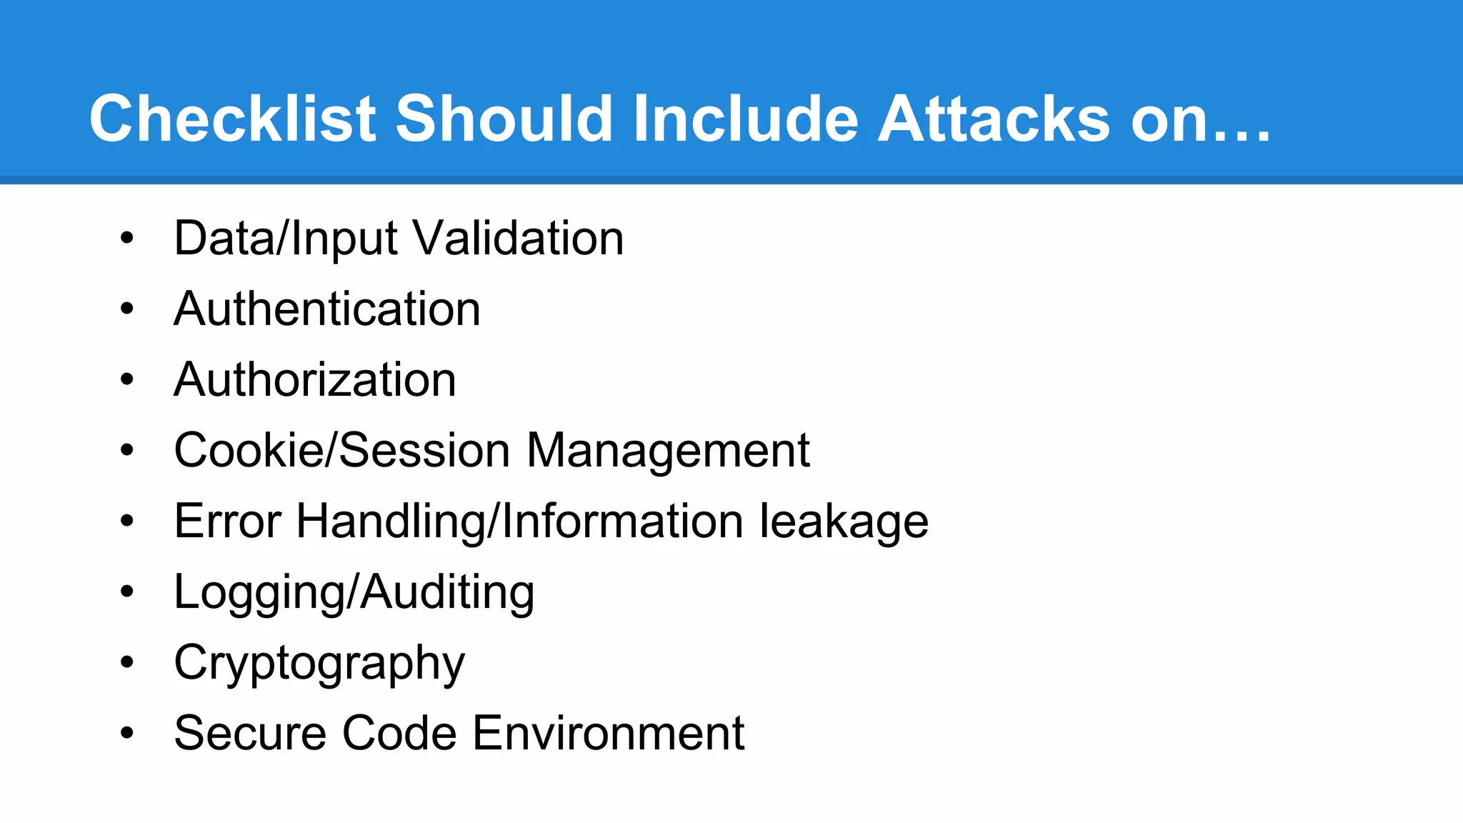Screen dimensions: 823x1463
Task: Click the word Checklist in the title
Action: pos(232,119)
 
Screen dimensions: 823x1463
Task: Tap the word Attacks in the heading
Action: pos(994,119)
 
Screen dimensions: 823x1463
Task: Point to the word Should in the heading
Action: pos(504,119)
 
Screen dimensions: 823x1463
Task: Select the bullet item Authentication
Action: pos(327,309)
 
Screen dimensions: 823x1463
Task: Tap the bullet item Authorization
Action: pos(315,379)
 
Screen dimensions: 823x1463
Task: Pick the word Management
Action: pos(668,450)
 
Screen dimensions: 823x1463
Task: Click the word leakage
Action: pos(843,522)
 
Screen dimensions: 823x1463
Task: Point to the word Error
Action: pos(227,521)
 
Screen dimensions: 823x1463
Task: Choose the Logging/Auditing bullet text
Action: pos(354,592)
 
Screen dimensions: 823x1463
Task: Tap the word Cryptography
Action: pos(319,663)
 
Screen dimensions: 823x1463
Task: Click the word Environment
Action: pos(608,733)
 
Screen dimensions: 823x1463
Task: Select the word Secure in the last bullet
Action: pos(250,733)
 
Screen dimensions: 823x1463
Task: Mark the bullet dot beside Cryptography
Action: pos(127,662)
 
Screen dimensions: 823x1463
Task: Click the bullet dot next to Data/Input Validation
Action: pos(127,238)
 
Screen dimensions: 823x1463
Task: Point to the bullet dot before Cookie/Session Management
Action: pos(127,450)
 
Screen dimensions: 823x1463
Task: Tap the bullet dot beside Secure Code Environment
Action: pos(127,733)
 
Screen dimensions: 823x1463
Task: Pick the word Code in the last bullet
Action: pos(399,733)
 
